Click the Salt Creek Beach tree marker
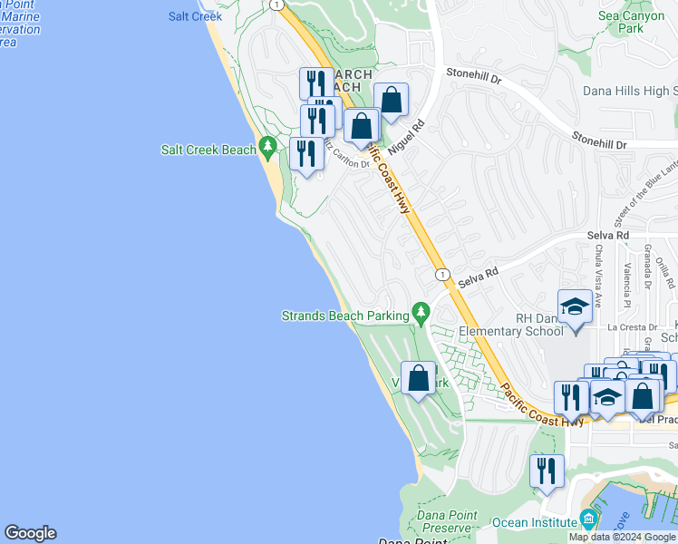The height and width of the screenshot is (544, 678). pos(266,145)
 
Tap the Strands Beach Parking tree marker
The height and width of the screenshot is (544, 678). pos(420,312)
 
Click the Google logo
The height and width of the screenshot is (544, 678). pos(30,533)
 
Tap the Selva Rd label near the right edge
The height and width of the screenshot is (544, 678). pos(607,236)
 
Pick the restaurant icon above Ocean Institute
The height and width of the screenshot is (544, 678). pos(547,470)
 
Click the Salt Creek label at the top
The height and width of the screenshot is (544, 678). pos(195,16)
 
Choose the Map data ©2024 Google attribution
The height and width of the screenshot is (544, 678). pos(622,537)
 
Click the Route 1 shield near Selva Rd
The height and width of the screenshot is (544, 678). pos(441,274)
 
